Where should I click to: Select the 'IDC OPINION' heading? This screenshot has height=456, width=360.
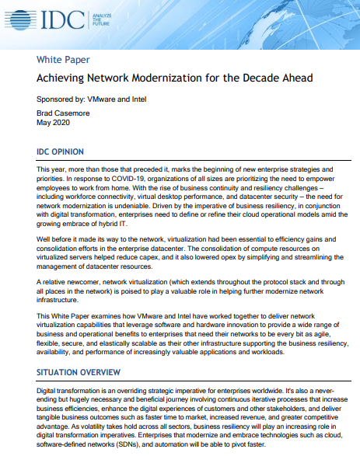point(67,151)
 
